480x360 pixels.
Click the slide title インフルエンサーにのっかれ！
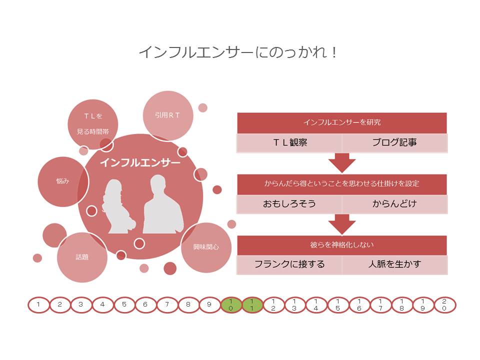[x=238, y=52]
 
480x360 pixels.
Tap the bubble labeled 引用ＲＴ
[x=168, y=115]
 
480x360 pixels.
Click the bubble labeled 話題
[x=82, y=257]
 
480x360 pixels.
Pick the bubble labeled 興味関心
[x=206, y=247]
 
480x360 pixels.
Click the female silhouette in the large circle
[x=118, y=205]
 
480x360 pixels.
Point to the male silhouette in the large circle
[x=163, y=205]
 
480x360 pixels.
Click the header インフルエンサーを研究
[x=342, y=122]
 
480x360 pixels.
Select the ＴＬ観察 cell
[x=289, y=143]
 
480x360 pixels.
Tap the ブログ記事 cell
[x=394, y=143]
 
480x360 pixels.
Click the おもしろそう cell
[x=289, y=204]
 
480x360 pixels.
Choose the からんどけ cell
[x=394, y=204]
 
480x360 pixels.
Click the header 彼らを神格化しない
[x=342, y=245]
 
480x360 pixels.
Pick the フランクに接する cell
[x=289, y=264]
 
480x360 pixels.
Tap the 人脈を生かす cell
[x=394, y=264]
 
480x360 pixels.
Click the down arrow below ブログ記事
[x=342, y=163]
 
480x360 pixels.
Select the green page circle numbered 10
[x=231, y=304]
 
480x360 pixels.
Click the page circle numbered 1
[x=38, y=304]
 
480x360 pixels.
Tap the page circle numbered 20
[x=444, y=304]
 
